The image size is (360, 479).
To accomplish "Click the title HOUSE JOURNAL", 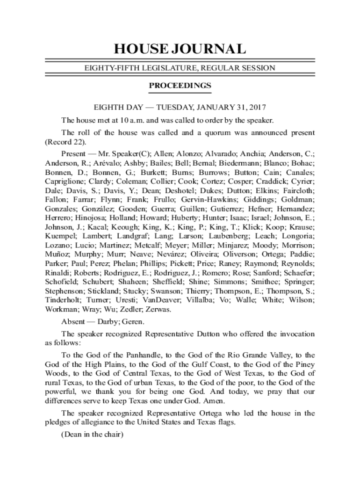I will pyautogui.click(x=180, y=49).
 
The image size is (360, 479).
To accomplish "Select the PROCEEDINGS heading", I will pyautogui.click(x=180, y=86).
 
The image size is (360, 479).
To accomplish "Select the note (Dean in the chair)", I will pyautogui.click(x=92, y=435).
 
